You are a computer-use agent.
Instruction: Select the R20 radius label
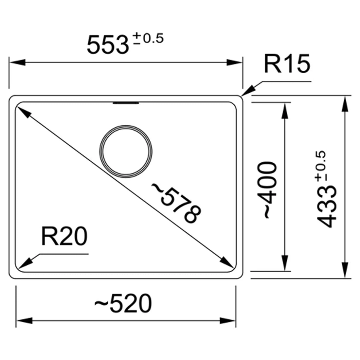(64, 237)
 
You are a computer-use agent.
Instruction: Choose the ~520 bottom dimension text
(123, 304)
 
